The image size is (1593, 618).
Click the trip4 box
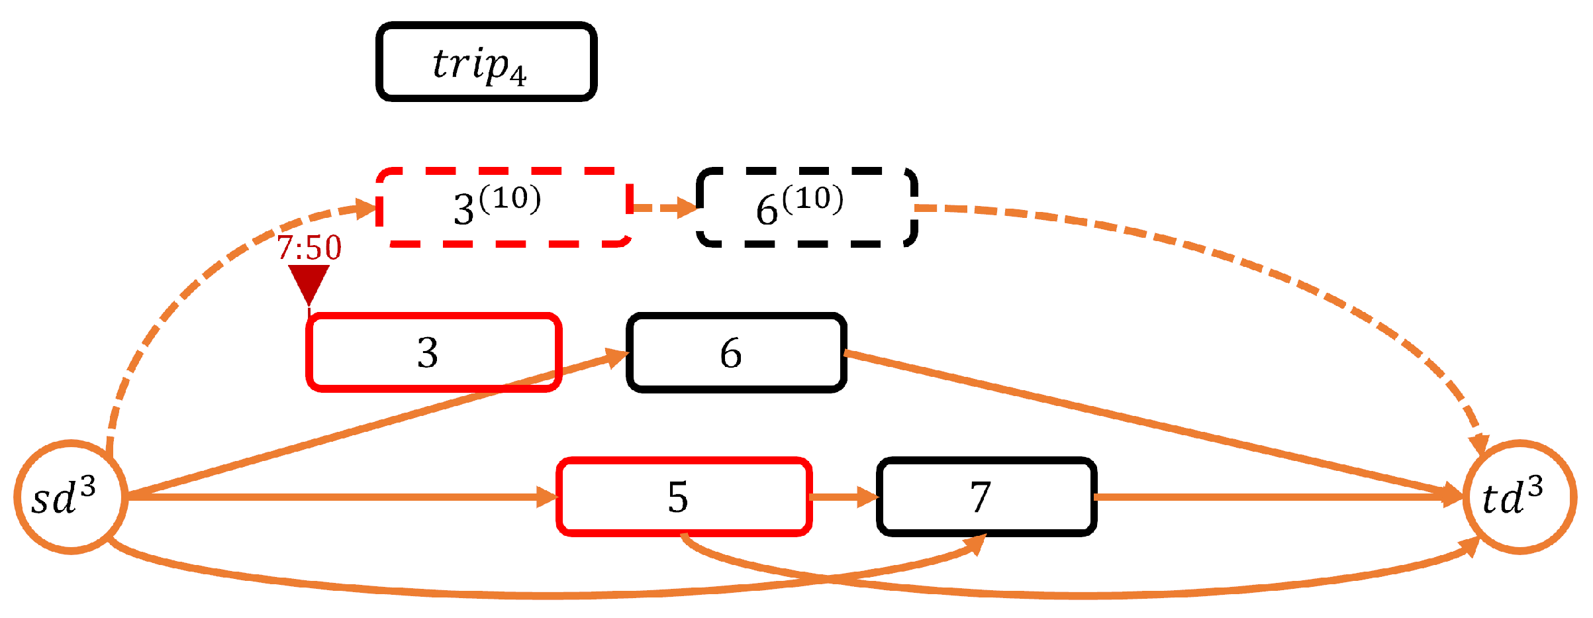click(486, 62)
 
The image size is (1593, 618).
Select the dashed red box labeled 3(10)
click(503, 207)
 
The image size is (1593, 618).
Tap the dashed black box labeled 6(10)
click(806, 207)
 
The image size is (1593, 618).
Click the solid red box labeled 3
click(434, 352)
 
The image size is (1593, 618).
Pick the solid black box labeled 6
click(736, 352)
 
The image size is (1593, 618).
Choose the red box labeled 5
click(684, 496)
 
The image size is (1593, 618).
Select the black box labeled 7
click(986, 496)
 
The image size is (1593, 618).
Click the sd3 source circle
click(70, 497)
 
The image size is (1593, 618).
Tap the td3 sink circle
click(1519, 497)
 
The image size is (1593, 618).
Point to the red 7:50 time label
click(309, 248)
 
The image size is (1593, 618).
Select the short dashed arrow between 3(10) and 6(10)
click(662, 207)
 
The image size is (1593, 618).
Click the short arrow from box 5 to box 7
click(844, 496)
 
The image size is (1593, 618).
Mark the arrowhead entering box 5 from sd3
click(548, 496)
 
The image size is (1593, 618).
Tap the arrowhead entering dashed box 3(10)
click(366, 209)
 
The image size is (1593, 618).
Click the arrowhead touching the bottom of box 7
click(976, 543)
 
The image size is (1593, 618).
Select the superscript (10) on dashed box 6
click(812, 198)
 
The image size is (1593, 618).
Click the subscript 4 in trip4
click(518, 77)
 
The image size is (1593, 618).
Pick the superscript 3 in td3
click(1535, 488)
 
